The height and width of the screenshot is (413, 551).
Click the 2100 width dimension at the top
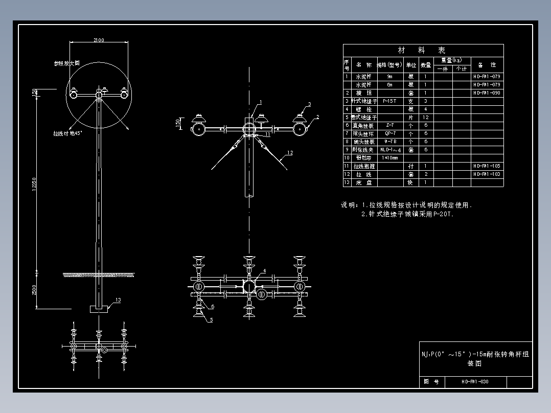click(x=99, y=40)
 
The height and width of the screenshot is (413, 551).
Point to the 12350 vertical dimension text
click(x=34, y=187)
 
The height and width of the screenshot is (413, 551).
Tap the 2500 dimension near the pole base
click(x=34, y=290)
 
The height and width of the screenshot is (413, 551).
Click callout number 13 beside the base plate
click(x=118, y=301)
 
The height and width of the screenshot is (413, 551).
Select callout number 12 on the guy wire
click(x=290, y=153)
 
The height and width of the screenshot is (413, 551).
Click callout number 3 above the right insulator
click(x=309, y=104)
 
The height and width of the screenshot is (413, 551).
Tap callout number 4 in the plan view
click(x=264, y=270)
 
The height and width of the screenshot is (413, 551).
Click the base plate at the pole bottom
click(x=99, y=309)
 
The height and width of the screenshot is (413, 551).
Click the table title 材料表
click(x=422, y=51)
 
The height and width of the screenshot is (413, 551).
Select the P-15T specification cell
click(x=389, y=101)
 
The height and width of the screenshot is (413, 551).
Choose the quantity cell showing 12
click(x=425, y=118)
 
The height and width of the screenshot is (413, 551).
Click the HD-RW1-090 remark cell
click(x=487, y=93)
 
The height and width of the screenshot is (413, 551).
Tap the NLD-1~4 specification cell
click(x=389, y=150)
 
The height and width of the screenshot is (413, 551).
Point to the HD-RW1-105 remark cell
click(x=487, y=166)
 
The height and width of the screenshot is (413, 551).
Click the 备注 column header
click(x=487, y=65)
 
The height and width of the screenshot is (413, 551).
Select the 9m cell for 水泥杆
click(x=389, y=77)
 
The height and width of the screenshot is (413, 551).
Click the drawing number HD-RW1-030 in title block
click(x=475, y=381)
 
